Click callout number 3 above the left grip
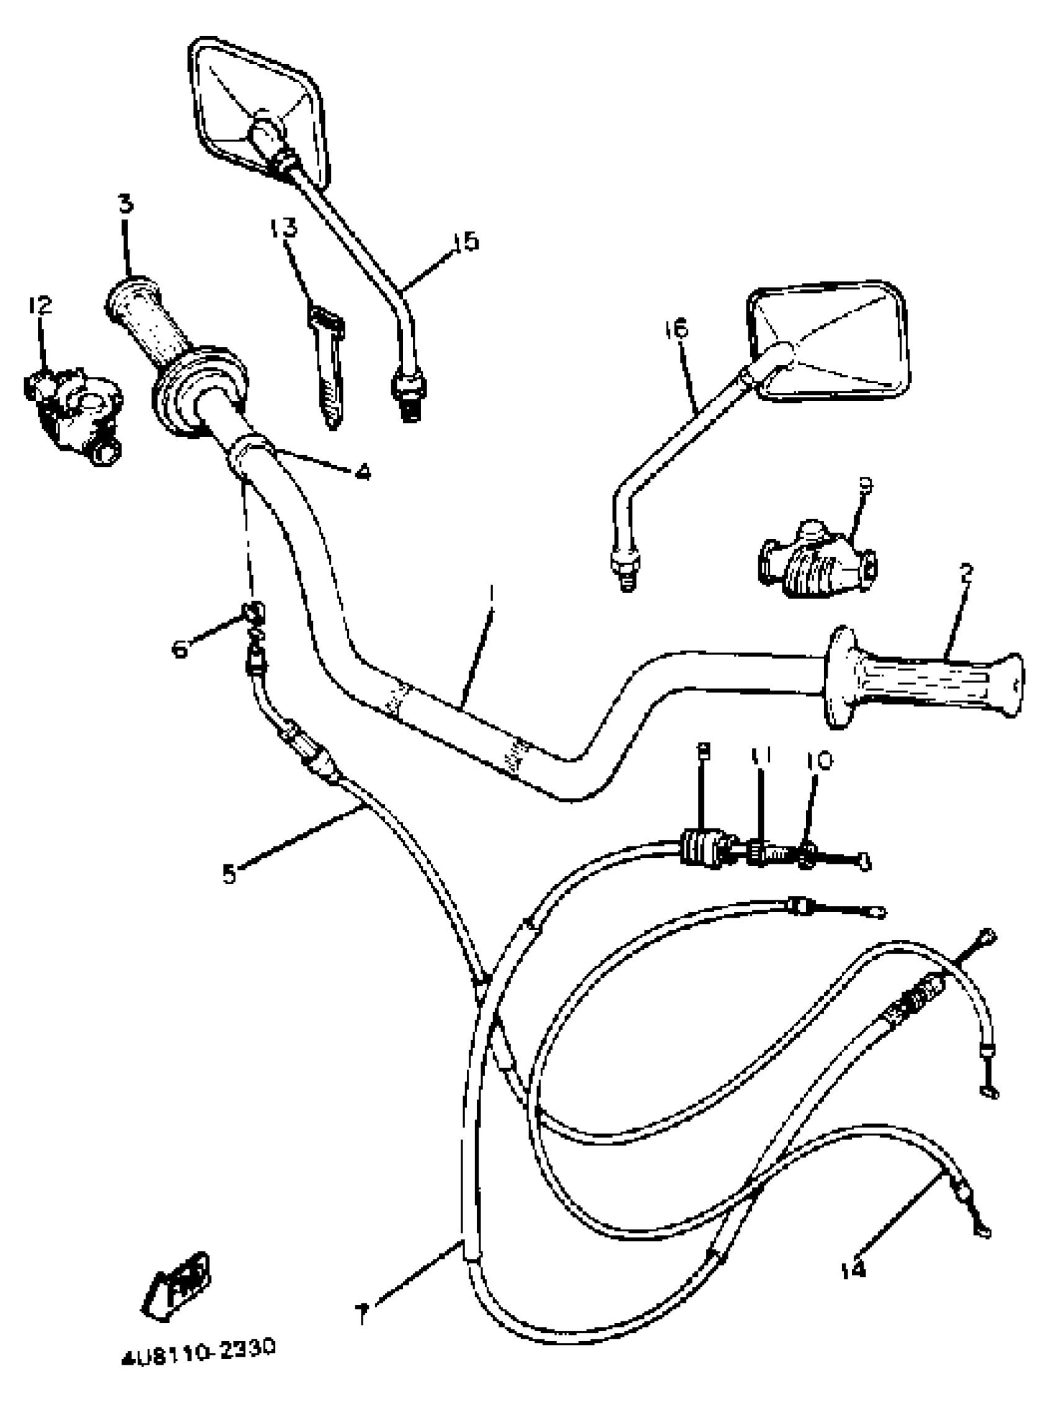(126, 204)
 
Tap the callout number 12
(40, 306)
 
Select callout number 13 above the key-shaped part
(283, 228)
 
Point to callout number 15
(466, 241)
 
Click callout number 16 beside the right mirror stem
(676, 329)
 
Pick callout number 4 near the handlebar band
(362, 472)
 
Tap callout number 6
(180, 649)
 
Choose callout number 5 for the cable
(229, 874)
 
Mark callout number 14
(852, 1270)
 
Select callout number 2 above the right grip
(966, 573)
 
